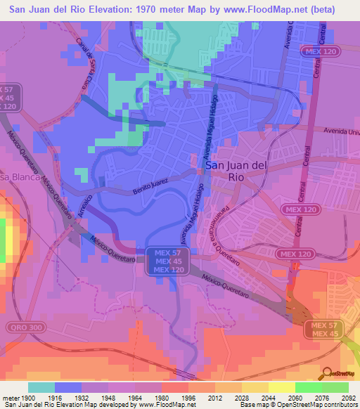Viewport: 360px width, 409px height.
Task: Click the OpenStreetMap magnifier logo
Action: tap(327, 374)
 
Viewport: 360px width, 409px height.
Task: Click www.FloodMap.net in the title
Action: tap(255, 9)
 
